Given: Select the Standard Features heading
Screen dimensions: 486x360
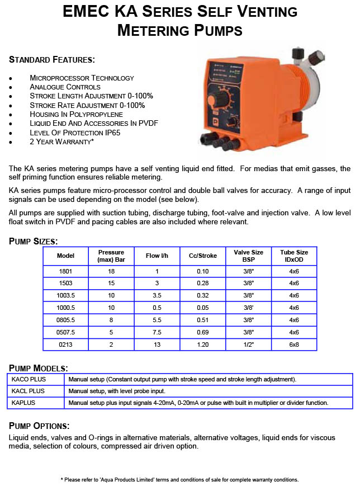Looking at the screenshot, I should [x=52, y=59].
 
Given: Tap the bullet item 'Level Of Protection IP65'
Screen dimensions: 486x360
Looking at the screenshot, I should [x=75, y=133].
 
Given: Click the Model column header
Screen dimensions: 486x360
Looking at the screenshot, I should [x=66, y=256].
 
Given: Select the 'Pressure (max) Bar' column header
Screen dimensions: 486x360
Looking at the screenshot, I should [x=111, y=256].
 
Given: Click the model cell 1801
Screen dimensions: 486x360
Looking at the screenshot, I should [x=66, y=271].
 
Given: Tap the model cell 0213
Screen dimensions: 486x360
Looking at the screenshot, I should [x=66, y=345].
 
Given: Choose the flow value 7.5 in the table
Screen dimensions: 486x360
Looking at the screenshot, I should [x=157, y=332].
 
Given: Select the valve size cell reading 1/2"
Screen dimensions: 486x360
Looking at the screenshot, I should [x=248, y=345].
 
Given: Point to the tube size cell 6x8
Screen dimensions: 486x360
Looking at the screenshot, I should [x=294, y=345].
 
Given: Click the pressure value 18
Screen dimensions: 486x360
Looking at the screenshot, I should [x=111, y=271].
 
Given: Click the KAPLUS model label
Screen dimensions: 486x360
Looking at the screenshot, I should [x=24, y=403].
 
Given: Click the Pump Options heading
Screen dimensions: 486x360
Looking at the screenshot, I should [x=39, y=426].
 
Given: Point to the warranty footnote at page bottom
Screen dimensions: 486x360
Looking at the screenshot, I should [x=179, y=479].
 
